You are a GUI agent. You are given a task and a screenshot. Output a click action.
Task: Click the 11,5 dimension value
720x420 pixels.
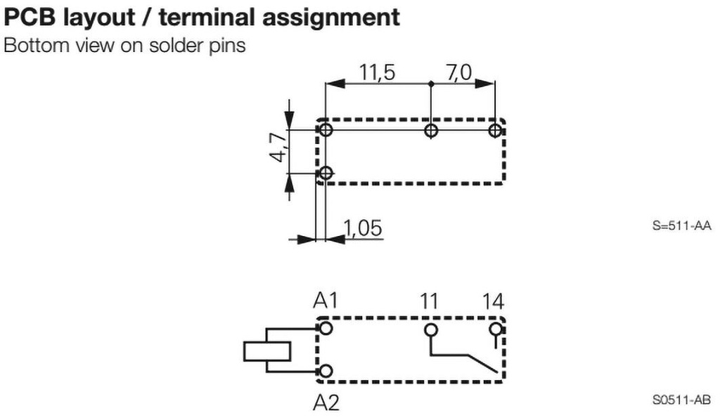point(377,72)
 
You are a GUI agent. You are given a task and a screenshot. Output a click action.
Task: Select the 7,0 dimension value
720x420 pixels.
point(458,72)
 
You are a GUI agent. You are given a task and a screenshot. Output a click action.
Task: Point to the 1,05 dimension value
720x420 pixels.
point(363,228)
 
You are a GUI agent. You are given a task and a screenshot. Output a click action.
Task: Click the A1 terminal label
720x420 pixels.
point(325,301)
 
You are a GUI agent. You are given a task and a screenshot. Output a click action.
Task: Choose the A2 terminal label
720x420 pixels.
point(326,402)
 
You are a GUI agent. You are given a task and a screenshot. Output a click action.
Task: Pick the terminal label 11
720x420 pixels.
point(429,302)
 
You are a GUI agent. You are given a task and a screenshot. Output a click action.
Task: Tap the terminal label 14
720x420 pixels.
point(493,302)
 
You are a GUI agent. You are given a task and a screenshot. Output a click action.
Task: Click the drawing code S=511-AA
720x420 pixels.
point(681,225)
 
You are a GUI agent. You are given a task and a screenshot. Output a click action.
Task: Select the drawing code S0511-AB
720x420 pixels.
point(681,400)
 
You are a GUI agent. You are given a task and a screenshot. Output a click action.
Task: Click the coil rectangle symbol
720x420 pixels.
point(266,352)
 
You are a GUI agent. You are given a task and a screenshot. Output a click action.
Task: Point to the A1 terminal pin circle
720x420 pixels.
point(326,328)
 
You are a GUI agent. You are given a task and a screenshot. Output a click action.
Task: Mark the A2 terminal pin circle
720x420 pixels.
point(326,371)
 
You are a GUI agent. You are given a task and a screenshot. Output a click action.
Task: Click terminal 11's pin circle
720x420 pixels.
point(431,329)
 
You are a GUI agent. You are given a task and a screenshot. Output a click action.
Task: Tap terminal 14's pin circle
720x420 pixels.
point(495,329)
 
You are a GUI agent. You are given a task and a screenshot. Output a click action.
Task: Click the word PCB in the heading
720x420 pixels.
point(30,18)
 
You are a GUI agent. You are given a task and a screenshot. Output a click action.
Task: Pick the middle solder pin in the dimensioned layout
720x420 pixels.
point(431,131)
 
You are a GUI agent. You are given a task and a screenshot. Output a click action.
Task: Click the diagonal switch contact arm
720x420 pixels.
point(482,363)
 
